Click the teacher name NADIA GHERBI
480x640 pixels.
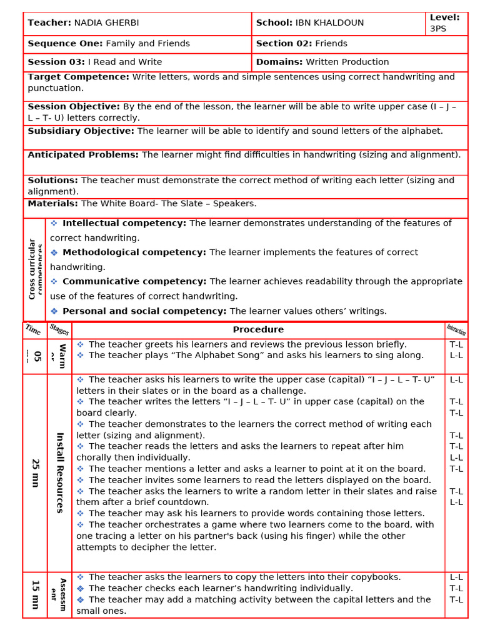coord(106,23)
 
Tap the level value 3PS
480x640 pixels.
coord(438,29)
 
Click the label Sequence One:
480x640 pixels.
coord(65,44)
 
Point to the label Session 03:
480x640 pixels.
coord(56,62)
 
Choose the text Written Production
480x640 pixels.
coord(347,62)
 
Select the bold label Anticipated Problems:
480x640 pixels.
coord(83,154)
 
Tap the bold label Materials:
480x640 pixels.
coord(53,203)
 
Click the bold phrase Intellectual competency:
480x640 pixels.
coord(124,223)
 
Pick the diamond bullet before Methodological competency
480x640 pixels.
coord(54,252)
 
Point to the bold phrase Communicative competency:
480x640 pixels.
coord(134,281)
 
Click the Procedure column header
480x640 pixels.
coord(258,329)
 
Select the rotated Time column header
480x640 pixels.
coord(34,329)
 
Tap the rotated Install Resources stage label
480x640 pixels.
coord(60,472)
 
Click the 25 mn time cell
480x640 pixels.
coord(36,472)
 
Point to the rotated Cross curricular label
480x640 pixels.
coord(32,269)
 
